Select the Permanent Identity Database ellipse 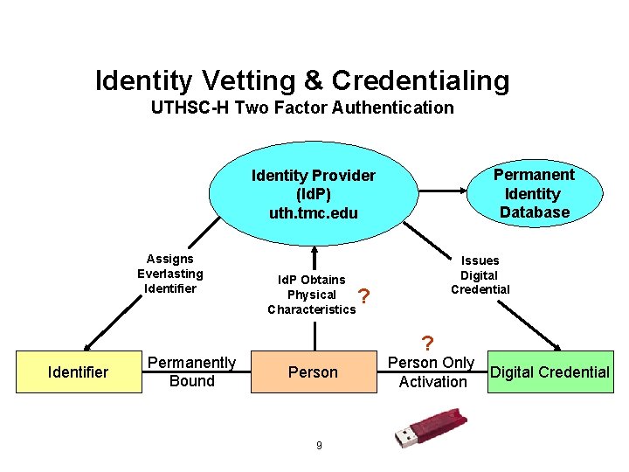tap(534, 193)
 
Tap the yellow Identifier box tap(78, 372)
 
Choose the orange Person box tap(313, 372)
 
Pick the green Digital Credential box tap(550, 372)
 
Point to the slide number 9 tap(319, 446)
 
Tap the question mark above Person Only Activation tap(426, 343)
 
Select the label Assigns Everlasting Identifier tap(170, 274)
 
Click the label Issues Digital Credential tap(480, 274)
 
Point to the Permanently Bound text tap(192, 371)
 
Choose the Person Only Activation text tap(432, 371)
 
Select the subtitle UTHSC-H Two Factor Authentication tap(302, 108)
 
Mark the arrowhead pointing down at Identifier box tap(86, 345)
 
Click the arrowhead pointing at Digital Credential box tap(556, 344)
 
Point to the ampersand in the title tap(312, 81)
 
